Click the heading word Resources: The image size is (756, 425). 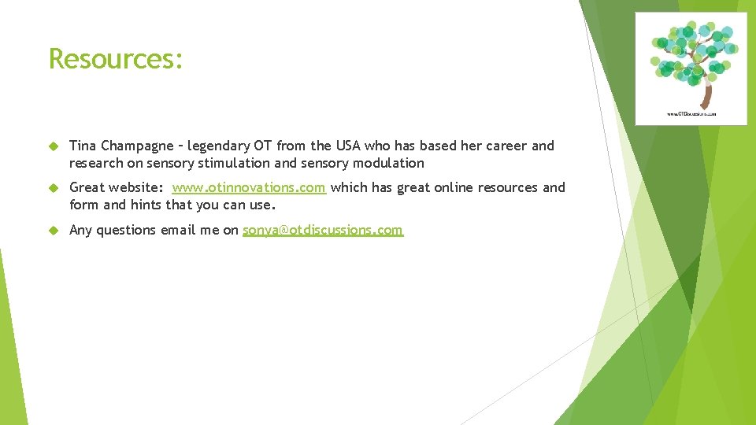click(116, 59)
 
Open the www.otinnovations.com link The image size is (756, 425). click(249, 187)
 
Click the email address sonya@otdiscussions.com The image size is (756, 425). click(323, 230)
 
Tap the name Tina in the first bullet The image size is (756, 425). click(83, 146)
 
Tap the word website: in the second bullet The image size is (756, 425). click(137, 187)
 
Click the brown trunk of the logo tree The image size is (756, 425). click(706, 94)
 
